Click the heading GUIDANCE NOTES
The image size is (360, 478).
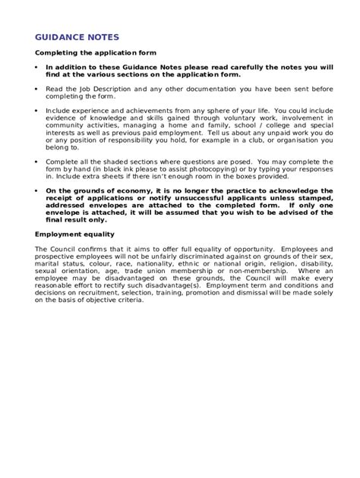pyautogui.click(x=77, y=37)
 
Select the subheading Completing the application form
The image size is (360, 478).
pyautogui.click(x=96, y=53)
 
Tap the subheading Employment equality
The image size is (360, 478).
pyautogui.click(x=73, y=234)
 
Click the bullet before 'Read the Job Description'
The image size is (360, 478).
pyautogui.click(x=36, y=89)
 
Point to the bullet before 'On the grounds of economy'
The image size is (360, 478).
pyautogui.click(x=36, y=190)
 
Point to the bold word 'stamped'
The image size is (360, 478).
pyautogui.click(x=312, y=198)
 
